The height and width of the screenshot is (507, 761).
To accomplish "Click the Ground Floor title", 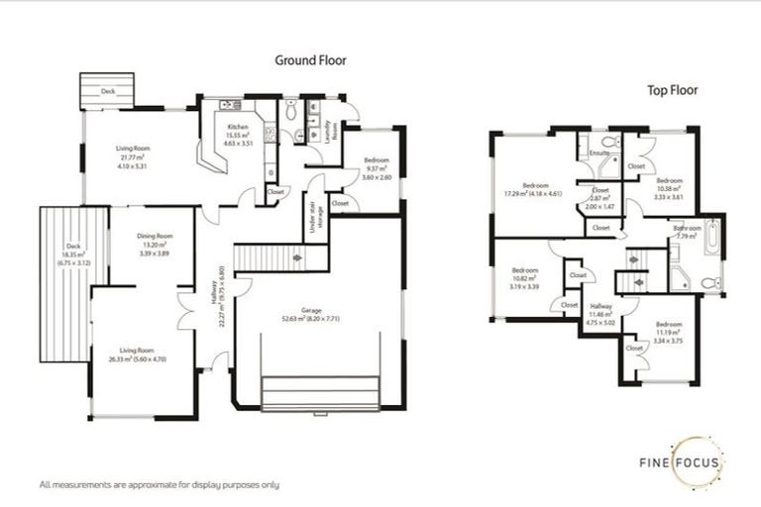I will click(x=311, y=60).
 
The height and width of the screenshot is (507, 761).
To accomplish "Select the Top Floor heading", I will click(x=673, y=90).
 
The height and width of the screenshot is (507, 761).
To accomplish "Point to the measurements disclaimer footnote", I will click(x=159, y=485).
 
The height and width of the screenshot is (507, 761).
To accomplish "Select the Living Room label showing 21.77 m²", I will click(x=132, y=158).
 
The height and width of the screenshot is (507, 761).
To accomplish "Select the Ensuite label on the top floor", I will click(x=598, y=153).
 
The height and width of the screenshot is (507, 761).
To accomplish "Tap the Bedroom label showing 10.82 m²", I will click(x=526, y=278).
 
